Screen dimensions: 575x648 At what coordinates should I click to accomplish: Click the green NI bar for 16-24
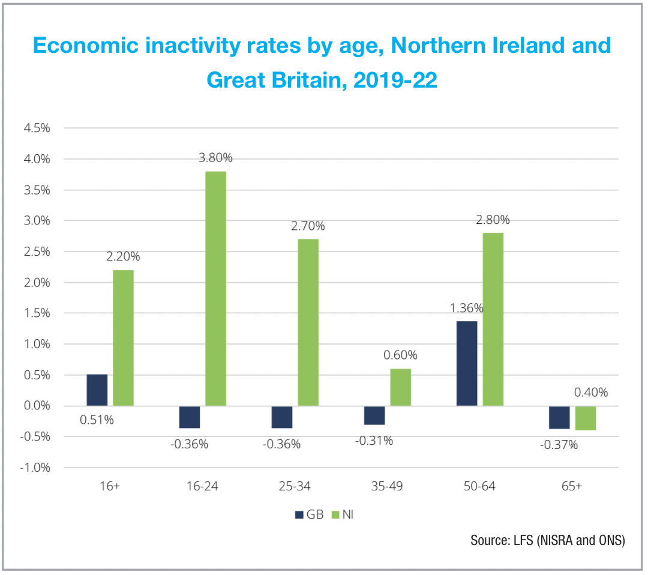[x=216, y=289]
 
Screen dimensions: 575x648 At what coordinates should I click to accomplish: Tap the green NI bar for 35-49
[x=401, y=387]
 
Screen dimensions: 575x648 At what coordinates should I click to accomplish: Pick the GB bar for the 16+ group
[x=97, y=390]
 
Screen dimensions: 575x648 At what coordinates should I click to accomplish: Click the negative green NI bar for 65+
[x=586, y=418]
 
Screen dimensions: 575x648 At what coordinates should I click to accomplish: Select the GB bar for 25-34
[x=282, y=417]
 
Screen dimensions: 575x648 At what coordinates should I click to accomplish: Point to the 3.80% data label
[x=215, y=158]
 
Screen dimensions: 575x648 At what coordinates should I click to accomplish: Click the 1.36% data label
[x=467, y=309]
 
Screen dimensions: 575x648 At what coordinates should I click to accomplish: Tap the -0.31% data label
[x=374, y=441]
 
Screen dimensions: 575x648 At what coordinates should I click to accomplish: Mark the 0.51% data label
[x=97, y=420]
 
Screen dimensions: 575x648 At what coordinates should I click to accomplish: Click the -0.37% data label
[x=559, y=445]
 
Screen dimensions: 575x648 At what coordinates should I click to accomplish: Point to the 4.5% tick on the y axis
[x=37, y=128]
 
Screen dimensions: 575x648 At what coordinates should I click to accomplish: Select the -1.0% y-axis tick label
[x=35, y=468]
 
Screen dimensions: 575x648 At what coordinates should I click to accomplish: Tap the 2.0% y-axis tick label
[x=37, y=283]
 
